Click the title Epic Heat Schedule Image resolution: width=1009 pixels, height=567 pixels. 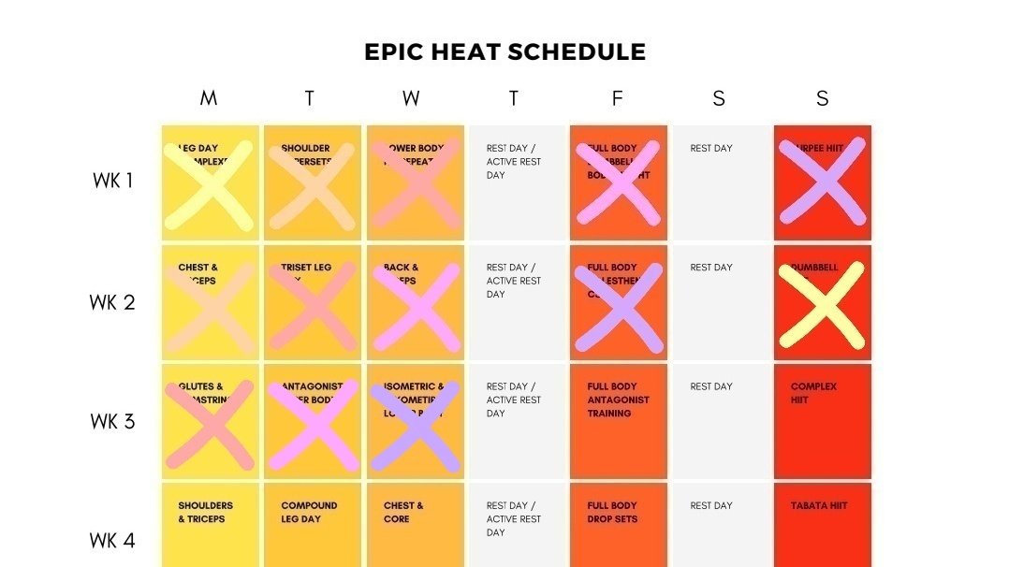[x=504, y=52]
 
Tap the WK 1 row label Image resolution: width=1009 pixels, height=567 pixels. [x=112, y=182]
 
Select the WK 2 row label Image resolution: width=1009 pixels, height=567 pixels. [x=112, y=302]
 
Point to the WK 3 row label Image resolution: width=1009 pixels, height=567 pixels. [x=112, y=421]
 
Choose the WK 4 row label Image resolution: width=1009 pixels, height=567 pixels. [x=112, y=540]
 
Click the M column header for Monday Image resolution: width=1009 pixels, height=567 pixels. [x=209, y=98]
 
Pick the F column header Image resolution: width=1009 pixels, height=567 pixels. [x=617, y=98]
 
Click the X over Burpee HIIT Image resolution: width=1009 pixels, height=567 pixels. [x=822, y=182]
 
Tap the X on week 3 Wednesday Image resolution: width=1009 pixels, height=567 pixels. [x=415, y=426]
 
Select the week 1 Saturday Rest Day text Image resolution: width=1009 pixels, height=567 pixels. [x=711, y=148]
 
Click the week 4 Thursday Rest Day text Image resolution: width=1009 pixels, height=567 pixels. [x=514, y=518]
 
